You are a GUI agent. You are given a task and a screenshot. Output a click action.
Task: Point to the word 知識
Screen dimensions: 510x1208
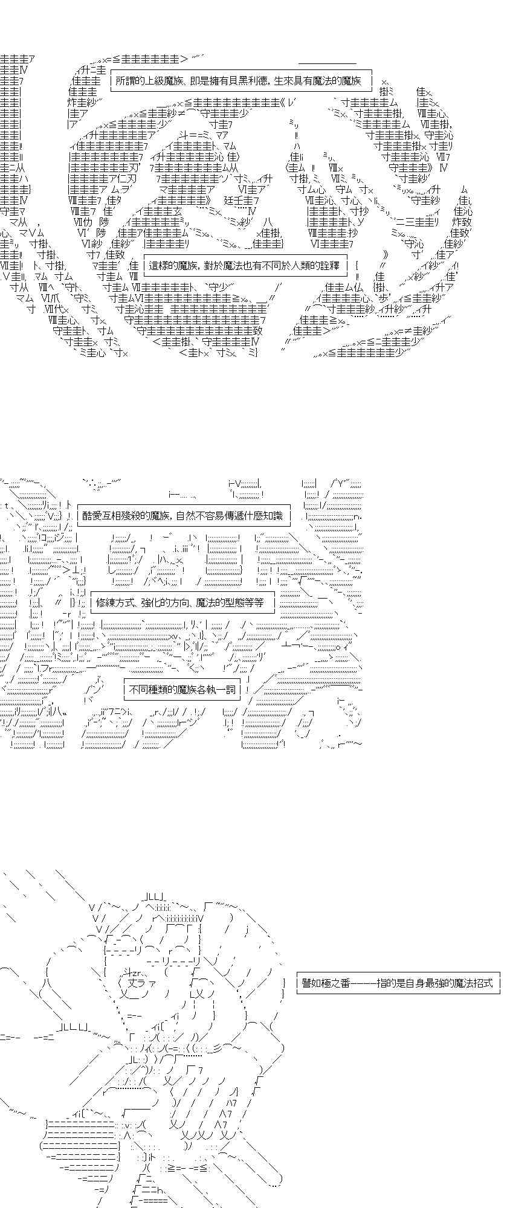274,515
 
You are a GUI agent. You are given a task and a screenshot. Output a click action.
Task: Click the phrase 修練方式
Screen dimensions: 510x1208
112,602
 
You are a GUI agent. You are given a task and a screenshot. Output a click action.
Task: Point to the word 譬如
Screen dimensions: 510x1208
311,983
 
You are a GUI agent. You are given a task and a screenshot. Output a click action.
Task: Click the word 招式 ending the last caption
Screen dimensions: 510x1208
484,983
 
